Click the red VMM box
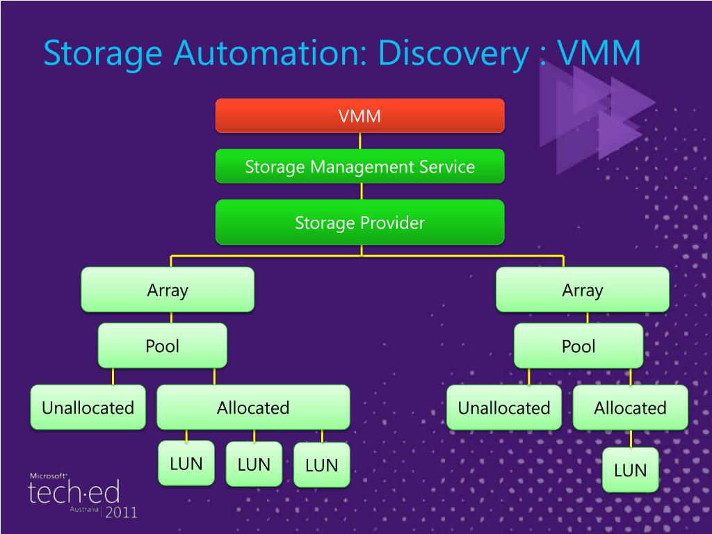point(359,115)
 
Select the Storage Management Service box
point(359,167)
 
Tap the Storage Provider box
point(359,222)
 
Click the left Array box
point(168,289)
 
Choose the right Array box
point(582,289)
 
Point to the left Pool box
point(162,346)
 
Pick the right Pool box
point(578,346)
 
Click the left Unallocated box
point(88,407)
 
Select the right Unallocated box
point(503,407)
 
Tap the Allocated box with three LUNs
point(253,407)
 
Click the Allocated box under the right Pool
point(630,407)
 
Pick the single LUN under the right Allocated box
point(630,470)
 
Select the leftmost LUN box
point(186,464)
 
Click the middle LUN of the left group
point(254,464)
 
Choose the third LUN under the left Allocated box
point(321,465)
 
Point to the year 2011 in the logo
point(121,512)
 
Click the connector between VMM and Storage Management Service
point(359,140)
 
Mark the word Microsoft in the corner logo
point(47,476)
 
